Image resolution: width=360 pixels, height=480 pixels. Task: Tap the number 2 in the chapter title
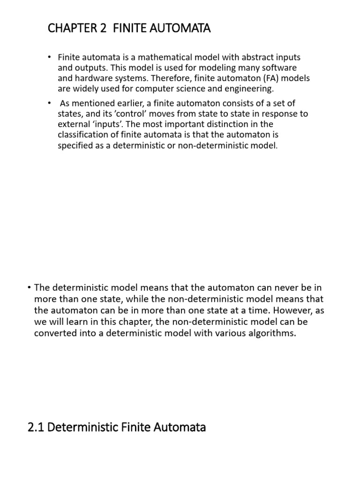tap(103, 29)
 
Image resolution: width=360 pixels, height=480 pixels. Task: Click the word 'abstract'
tap(251, 57)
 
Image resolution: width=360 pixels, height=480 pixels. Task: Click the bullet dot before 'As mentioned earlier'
tap(49, 103)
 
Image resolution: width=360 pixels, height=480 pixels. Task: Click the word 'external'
tap(73, 124)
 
